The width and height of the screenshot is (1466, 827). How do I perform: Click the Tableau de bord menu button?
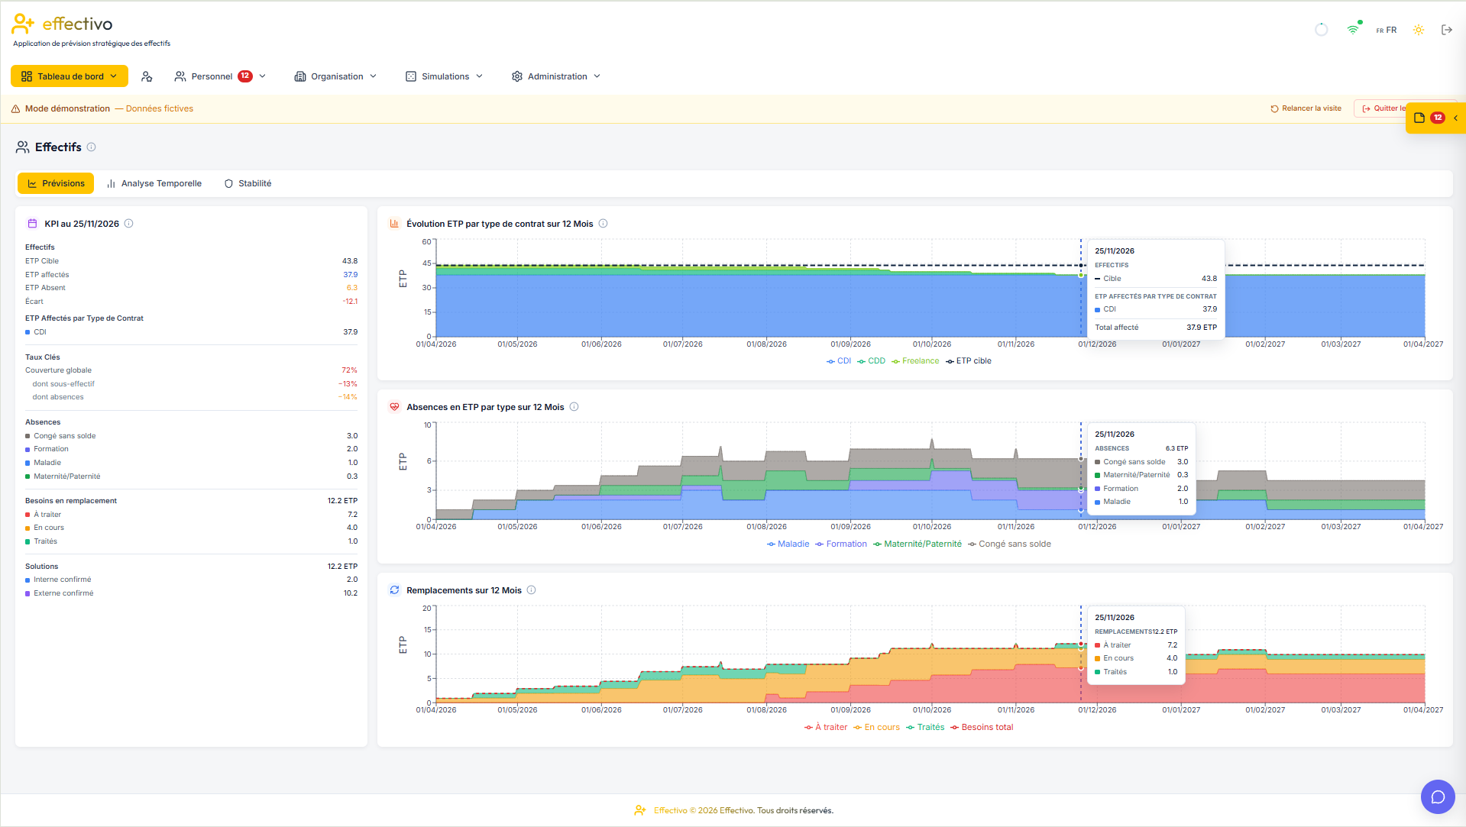tap(70, 76)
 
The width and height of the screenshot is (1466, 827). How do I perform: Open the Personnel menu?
tap(220, 76)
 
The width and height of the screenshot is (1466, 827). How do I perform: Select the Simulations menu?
tap(444, 76)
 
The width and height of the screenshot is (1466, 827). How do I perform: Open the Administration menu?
tap(556, 76)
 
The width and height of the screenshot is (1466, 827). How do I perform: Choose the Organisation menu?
tap(336, 76)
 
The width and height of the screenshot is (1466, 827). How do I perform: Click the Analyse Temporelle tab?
tap(154, 183)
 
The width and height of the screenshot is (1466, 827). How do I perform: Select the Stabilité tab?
tap(248, 183)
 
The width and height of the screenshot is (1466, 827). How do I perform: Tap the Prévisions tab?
tap(56, 183)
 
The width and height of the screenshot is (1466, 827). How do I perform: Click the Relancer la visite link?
tap(1306, 108)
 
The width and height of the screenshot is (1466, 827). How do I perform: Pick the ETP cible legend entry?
tap(969, 361)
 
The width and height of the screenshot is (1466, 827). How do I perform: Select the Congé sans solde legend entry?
tap(1009, 544)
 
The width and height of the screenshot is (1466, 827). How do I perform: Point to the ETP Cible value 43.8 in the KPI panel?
tap(350, 261)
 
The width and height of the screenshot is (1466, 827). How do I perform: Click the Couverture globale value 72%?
tap(349, 370)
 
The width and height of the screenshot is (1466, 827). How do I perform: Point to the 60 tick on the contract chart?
tap(426, 242)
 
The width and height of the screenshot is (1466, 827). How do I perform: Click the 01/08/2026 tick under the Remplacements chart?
tap(766, 710)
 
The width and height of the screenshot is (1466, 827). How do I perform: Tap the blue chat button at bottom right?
tap(1438, 796)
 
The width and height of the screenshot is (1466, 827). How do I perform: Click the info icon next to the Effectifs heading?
tap(91, 147)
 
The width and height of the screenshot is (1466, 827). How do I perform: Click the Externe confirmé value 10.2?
tap(350, 593)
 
